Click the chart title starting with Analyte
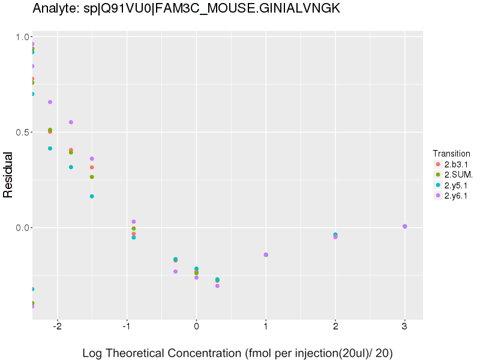tap(187, 8)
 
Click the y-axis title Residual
tap(8, 175)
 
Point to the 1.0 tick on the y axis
tap(23, 37)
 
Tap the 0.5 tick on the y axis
tap(23, 132)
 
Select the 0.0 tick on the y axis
tap(23, 228)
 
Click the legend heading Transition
tap(451, 154)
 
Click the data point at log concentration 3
tap(404, 226)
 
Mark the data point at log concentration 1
tap(266, 255)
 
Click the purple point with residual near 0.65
tap(50, 102)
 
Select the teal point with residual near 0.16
tap(92, 196)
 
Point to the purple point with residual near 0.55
tap(71, 122)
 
